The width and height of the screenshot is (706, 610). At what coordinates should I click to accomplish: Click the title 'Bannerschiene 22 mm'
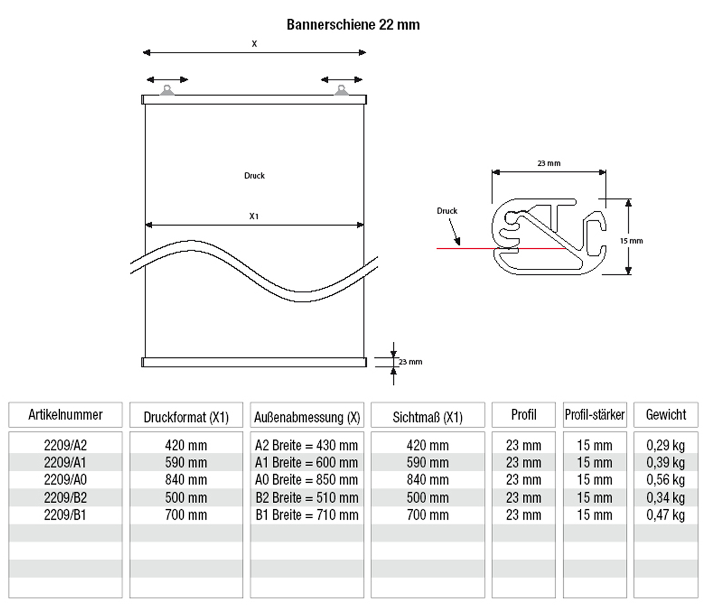tap(353, 25)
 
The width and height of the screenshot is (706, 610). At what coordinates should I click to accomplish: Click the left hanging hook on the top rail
tap(167, 90)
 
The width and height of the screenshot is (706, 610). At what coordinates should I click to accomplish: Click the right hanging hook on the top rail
tap(341, 90)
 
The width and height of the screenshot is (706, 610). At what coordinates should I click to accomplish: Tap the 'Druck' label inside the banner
tap(255, 176)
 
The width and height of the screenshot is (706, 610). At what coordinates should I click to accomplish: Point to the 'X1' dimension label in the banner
tap(253, 216)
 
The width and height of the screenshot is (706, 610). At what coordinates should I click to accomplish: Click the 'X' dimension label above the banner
tap(255, 44)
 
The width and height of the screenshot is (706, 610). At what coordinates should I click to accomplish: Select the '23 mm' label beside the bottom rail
tap(411, 362)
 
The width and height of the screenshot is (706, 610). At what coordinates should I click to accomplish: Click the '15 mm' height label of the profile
tap(631, 241)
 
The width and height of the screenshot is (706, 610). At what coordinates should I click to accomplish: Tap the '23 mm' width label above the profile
tap(549, 163)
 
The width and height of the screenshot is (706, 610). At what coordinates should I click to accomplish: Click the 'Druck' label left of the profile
tap(447, 211)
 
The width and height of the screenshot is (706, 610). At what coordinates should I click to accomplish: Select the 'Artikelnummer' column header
tap(65, 415)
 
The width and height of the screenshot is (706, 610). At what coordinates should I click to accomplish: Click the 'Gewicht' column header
tap(666, 415)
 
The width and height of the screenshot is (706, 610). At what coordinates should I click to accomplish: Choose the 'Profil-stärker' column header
tap(595, 415)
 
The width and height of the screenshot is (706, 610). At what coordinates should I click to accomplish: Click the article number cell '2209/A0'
tap(65, 480)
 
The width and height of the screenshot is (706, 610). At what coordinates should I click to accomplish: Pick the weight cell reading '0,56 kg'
tap(666, 480)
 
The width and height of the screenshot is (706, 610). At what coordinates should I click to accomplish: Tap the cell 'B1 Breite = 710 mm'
tap(307, 515)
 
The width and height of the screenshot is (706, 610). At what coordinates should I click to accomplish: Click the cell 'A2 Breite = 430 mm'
tap(307, 445)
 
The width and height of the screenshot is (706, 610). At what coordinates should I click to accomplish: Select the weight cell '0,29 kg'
tap(666, 445)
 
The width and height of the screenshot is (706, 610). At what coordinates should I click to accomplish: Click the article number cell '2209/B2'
tap(65, 498)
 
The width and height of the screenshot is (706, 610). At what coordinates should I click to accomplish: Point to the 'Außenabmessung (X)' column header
tap(307, 417)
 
